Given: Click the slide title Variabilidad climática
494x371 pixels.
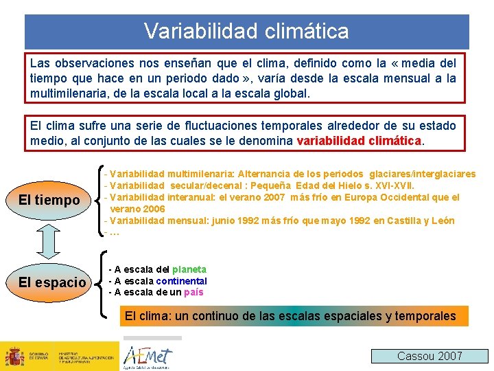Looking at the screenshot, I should pos(246,31).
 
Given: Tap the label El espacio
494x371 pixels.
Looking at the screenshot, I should pos(52,282).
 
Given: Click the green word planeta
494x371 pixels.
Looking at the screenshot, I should pos(189,270).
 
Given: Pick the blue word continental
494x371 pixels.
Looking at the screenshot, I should pos(181,281).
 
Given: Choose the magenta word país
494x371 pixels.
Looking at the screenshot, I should pos(193,292).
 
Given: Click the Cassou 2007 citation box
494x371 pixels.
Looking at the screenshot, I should pos(430,356).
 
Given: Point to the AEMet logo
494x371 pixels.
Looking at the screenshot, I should pos(148,356).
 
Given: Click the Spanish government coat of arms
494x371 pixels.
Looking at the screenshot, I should pos(14,357).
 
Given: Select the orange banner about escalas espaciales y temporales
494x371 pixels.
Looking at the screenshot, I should pos(289,316).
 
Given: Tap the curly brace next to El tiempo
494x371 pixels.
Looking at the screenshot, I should pos(102,199).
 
